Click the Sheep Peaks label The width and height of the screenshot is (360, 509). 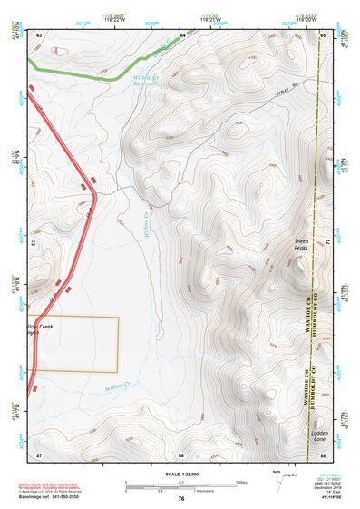(302, 244)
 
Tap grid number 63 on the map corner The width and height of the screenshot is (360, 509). (40, 34)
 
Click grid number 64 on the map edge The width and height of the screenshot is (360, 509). (181, 34)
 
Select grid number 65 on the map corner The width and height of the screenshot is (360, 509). (323, 34)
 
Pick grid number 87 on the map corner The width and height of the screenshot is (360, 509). (40, 453)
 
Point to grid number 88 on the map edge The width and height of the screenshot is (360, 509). (181, 453)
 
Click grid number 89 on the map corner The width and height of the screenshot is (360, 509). (323, 453)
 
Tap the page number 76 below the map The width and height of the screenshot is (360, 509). (181, 498)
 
